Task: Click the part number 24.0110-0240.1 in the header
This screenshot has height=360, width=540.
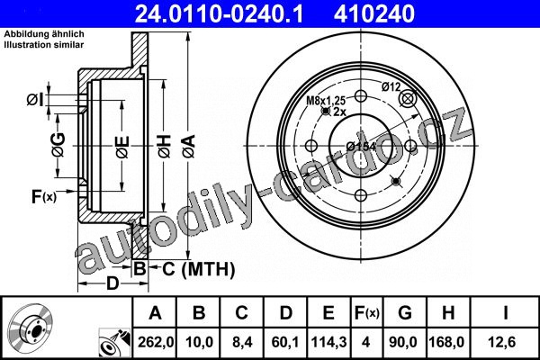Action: [219, 14]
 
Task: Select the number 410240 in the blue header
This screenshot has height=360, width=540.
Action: [374, 14]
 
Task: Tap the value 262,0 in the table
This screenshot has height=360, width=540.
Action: [156, 342]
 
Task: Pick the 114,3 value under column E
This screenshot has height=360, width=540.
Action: [328, 342]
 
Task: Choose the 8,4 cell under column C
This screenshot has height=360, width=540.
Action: [241, 342]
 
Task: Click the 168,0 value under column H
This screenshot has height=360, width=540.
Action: [446, 342]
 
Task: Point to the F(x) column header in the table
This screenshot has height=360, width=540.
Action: [366, 313]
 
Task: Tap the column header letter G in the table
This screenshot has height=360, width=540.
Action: [405, 313]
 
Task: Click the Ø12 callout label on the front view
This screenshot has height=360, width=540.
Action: [391, 86]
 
